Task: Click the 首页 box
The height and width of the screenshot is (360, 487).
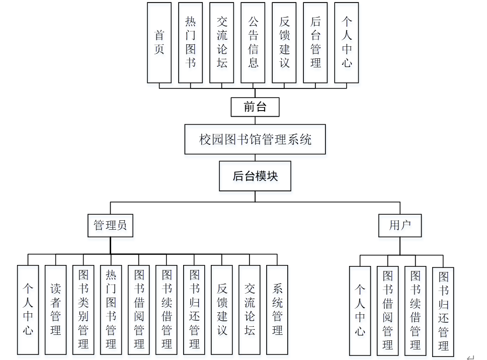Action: tap(159, 43)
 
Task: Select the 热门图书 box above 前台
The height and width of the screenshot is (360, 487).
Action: tap(190, 43)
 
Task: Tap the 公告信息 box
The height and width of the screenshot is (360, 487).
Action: tap(253, 43)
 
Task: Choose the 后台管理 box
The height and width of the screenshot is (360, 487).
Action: tap(315, 43)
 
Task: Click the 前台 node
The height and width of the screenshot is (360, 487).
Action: tap(255, 107)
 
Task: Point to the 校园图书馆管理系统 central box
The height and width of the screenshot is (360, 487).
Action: tap(255, 139)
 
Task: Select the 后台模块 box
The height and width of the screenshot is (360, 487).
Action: tap(255, 176)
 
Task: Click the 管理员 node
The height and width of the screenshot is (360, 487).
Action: tap(110, 225)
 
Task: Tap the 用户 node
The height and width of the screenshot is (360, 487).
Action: tap(400, 225)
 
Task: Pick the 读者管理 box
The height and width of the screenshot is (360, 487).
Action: tap(55, 310)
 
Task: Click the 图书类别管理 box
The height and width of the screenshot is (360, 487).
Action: tap(83, 310)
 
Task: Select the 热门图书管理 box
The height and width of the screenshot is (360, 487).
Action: tap(111, 310)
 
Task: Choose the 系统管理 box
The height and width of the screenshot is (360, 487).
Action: tap(277, 310)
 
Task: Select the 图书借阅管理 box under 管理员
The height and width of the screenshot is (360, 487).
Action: tap(138, 310)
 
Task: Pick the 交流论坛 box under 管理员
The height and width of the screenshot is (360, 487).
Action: tap(250, 310)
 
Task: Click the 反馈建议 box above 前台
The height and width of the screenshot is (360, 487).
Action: tap(284, 43)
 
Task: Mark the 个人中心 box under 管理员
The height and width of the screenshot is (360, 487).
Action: tap(28, 310)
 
